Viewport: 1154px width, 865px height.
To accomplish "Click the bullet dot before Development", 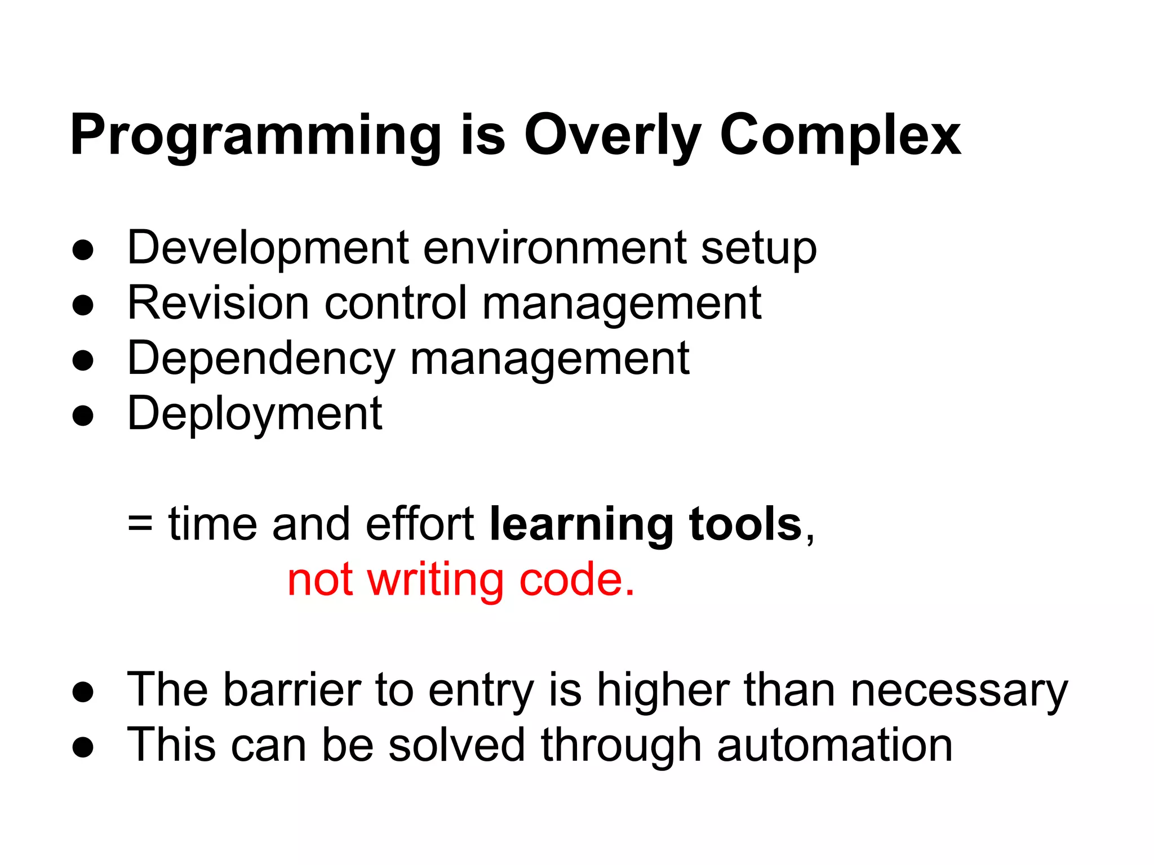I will point(83,251).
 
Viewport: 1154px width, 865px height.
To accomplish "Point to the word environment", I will point(554,248).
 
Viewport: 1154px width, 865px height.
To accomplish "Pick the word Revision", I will point(218,303).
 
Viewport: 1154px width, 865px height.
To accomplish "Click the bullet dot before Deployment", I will point(83,417).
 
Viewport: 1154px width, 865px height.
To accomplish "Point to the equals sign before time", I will point(140,524).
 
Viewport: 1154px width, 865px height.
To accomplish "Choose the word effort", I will point(419,524).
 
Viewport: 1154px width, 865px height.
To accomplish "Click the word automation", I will point(835,746).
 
